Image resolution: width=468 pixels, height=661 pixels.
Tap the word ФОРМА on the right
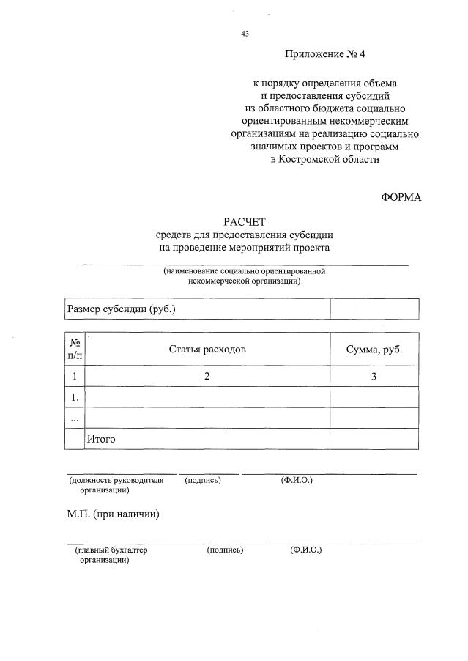tap(401, 197)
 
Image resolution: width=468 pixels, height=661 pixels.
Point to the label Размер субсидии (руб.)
tap(122, 309)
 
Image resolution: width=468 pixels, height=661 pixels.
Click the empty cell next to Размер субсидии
tap(374, 309)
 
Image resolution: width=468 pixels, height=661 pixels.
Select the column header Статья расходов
tap(207, 350)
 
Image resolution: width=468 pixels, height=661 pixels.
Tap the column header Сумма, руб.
tap(374, 350)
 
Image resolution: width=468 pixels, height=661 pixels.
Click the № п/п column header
tap(74, 350)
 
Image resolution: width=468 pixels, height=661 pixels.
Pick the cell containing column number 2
tap(207, 377)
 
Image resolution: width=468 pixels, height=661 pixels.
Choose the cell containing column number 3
tap(374, 377)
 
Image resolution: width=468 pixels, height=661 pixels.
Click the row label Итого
tap(102, 439)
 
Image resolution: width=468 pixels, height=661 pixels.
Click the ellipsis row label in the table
tap(74, 418)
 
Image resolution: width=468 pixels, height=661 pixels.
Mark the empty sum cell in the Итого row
tap(374, 439)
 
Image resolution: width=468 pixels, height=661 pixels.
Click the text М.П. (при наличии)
tap(113, 514)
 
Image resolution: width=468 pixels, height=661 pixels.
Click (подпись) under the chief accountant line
tap(226, 550)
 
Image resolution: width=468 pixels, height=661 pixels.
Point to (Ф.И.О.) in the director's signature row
tap(297, 480)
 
